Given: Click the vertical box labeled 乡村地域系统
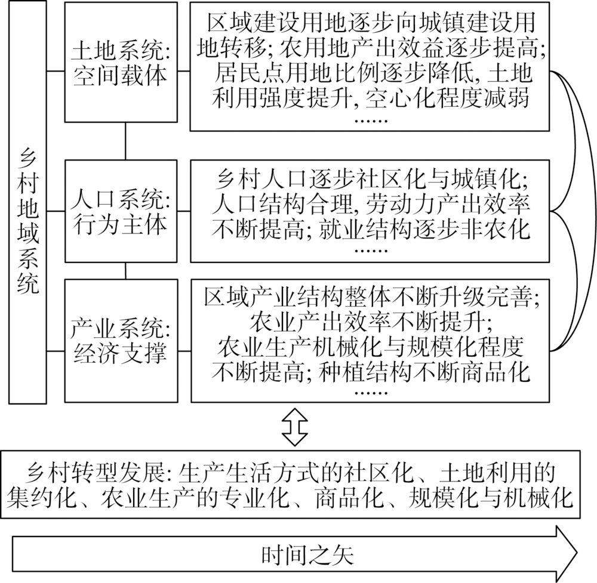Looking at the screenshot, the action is [27, 202].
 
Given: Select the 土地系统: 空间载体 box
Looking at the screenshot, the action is [121, 62].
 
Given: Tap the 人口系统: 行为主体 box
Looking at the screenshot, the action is [121, 211].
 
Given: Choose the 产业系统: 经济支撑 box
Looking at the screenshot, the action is [121, 341].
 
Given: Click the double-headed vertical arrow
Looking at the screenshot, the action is [294, 427].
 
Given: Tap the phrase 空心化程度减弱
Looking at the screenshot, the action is [447, 98].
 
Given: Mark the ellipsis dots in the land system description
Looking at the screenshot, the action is [371, 121].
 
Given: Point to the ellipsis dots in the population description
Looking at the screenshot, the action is [371, 251].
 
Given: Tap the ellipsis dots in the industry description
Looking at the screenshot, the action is [371, 393].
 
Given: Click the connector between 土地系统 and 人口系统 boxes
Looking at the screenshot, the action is [125, 141].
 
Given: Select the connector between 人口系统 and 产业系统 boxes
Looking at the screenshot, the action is [125, 271].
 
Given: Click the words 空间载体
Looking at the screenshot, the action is [120, 75].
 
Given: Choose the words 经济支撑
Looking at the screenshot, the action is [120, 353].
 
